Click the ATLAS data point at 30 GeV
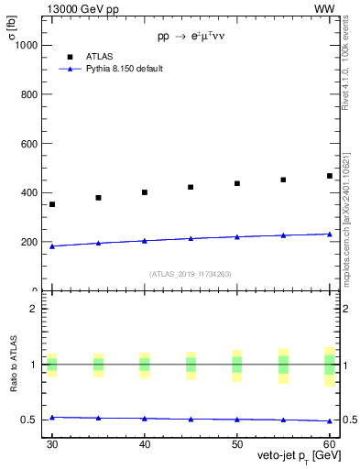click(52, 204)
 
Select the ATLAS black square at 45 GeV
click(191, 187)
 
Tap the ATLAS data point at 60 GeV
click(330, 176)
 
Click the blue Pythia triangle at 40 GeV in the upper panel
click(145, 241)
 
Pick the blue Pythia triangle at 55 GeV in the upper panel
click(283, 235)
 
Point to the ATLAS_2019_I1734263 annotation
click(191, 274)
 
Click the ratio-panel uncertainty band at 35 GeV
click(98, 365)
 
